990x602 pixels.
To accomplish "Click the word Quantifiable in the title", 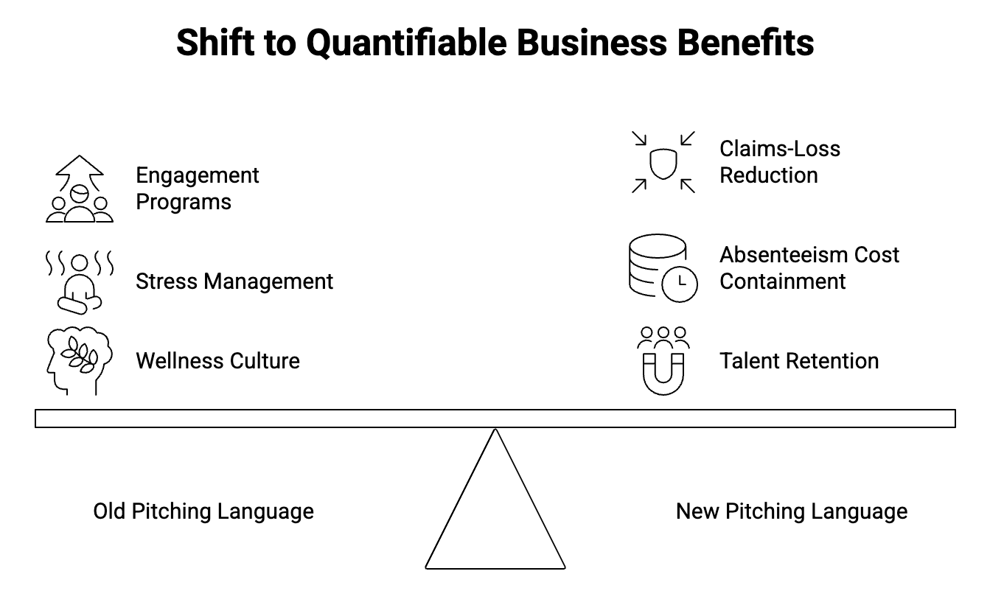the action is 405,43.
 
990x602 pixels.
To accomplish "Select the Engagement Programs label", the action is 197,189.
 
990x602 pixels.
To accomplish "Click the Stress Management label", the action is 234,281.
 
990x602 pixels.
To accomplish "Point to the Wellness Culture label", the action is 217,361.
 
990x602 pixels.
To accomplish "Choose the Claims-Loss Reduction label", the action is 779,162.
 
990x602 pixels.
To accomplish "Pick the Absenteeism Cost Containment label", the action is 809,268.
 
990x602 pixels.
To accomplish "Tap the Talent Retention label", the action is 799,361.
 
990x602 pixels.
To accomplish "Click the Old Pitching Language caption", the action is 203,511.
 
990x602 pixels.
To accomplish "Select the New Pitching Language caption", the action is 791,511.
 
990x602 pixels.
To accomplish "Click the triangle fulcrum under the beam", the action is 495,516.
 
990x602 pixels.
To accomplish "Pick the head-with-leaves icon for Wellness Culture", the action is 79,360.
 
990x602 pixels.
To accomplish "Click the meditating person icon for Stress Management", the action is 79,282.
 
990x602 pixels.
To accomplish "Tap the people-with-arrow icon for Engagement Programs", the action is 79,189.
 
